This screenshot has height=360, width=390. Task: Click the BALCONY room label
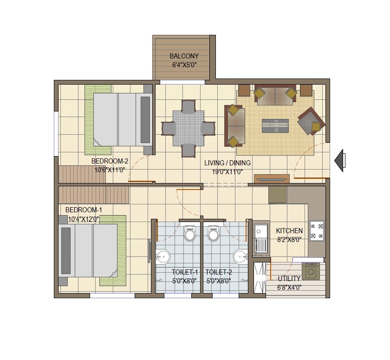(x=184, y=56)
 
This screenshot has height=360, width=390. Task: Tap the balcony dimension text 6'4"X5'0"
(x=184, y=65)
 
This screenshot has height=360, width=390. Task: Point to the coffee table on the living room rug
(x=275, y=126)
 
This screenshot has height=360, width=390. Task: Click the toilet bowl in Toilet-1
(x=189, y=234)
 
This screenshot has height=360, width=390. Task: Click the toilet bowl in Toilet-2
(x=214, y=234)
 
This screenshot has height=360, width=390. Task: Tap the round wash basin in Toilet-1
(x=162, y=256)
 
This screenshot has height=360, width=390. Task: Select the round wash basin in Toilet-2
(x=240, y=256)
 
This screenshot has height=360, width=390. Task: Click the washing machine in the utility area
(x=311, y=271)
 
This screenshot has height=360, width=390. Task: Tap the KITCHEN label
(x=289, y=231)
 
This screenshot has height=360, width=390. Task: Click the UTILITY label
(x=289, y=279)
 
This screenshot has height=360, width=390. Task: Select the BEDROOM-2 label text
(x=110, y=161)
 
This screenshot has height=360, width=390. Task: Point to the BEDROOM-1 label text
(x=84, y=210)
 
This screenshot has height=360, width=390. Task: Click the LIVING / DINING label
(x=227, y=163)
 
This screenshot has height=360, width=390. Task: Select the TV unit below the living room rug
(x=272, y=178)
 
